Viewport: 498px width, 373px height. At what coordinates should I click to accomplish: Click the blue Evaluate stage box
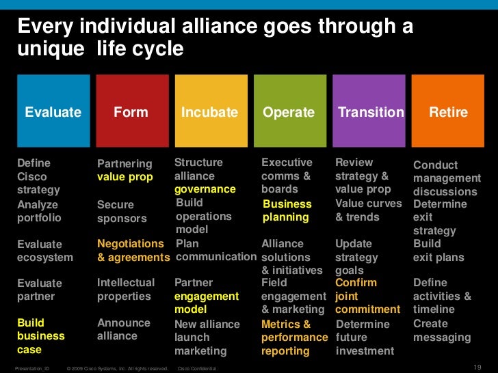tap(53, 111)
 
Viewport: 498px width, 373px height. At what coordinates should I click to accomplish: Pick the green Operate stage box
tap(289, 111)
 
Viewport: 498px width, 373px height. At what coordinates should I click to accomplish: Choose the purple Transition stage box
tap(369, 111)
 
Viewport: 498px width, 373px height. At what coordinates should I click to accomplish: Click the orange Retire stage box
tap(448, 111)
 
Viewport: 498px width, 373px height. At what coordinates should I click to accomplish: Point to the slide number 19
tap(478, 366)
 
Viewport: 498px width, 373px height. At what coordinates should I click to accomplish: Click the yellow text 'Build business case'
tap(41, 336)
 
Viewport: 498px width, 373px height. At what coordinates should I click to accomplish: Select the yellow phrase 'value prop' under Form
tap(125, 177)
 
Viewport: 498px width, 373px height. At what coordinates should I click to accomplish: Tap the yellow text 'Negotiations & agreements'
tap(133, 251)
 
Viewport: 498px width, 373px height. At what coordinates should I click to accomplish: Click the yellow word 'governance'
tap(205, 189)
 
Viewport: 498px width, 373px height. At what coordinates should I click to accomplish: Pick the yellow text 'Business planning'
tap(287, 210)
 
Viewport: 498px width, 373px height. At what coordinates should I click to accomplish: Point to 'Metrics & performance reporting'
tap(295, 337)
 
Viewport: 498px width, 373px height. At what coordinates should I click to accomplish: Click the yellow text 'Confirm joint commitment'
tap(367, 296)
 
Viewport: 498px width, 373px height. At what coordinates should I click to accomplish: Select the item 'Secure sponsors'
tap(122, 211)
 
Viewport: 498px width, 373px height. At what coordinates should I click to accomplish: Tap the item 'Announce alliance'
tap(124, 329)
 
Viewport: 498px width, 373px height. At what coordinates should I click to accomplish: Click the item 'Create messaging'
tap(442, 330)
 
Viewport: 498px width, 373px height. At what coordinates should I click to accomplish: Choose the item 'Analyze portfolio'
tap(39, 211)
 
